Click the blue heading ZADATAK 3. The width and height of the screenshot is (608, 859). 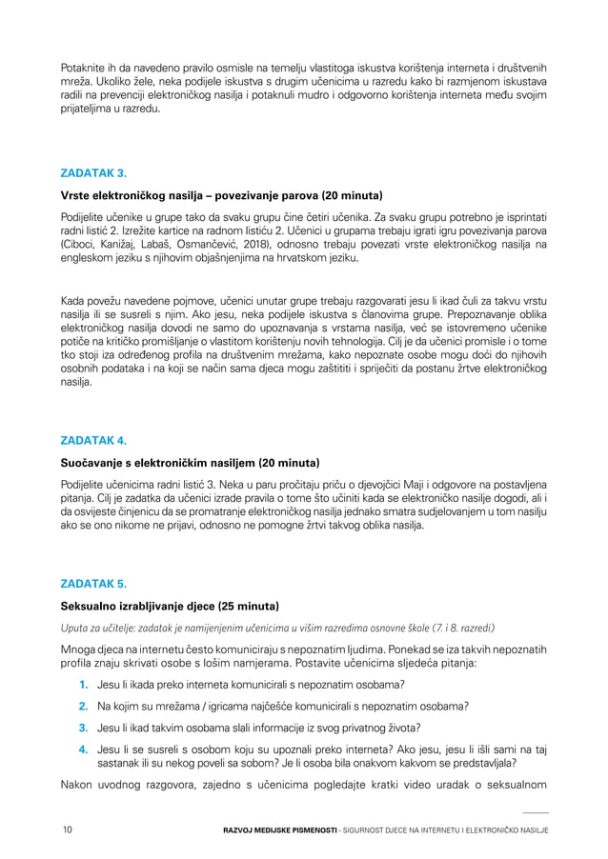[x=93, y=173]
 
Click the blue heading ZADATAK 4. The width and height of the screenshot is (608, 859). [x=93, y=441]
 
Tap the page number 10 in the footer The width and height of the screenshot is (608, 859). [x=67, y=830]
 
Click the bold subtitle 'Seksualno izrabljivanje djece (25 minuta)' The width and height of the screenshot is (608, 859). [x=170, y=606]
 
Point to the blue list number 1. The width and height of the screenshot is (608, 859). [x=84, y=685]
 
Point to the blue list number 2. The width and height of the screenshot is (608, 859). [x=84, y=706]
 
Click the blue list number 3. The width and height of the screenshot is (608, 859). [x=84, y=727]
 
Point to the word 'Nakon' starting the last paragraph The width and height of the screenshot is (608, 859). [x=78, y=786]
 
